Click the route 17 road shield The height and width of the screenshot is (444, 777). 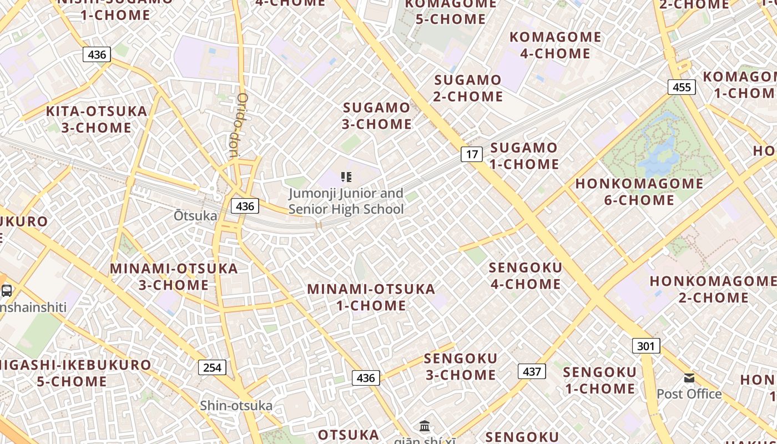pyautogui.click(x=471, y=154)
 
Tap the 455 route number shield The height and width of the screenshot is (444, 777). pyautogui.click(x=682, y=87)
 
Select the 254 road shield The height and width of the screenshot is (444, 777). pyautogui.click(x=212, y=367)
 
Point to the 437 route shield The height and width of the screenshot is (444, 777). pyautogui.click(x=532, y=371)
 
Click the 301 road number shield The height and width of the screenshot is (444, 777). pyautogui.click(x=645, y=346)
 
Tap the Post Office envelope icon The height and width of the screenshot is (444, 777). pyautogui.click(x=689, y=379)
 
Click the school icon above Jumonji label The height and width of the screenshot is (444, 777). pyautogui.click(x=346, y=177)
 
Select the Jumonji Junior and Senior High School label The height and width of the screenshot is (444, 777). pyautogui.click(x=346, y=201)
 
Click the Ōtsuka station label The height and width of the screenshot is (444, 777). pyautogui.click(x=195, y=215)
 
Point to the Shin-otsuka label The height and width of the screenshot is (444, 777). pyautogui.click(x=236, y=406)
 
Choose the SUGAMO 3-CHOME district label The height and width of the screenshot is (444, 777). pyautogui.click(x=377, y=115)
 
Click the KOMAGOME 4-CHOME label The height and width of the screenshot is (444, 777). pyautogui.click(x=555, y=45)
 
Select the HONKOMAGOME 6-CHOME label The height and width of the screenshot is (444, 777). pyautogui.click(x=639, y=191)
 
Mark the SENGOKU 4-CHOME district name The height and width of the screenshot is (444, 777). pyautogui.click(x=525, y=275)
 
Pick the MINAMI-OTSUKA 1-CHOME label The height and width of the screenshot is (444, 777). pyautogui.click(x=371, y=297)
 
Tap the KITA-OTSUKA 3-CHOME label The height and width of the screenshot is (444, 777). pyautogui.click(x=97, y=119)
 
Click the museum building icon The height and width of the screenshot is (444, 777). pyautogui.click(x=425, y=426)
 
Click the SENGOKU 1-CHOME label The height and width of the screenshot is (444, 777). pyautogui.click(x=599, y=380)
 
